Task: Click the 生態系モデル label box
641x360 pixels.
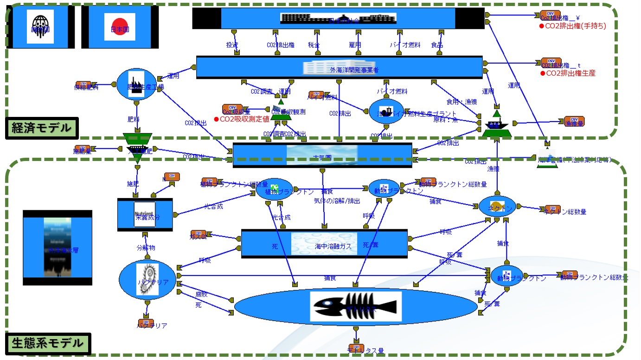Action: (x=48, y=344)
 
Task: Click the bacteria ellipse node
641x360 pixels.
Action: (x=147, y=280)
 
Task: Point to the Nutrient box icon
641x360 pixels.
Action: (x=144, y=214)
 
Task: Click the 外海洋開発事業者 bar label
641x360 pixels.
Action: (x=354, y=70)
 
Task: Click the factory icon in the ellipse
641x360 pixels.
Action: (x=136, y=84)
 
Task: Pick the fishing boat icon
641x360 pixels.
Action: (x=496, y=124)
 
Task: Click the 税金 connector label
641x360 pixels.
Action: (x=317, y=45)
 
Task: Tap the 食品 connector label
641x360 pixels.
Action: (x=437, y=45)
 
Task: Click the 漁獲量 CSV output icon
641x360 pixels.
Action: (x=574, y=122)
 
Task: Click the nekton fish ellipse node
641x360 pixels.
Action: (x=497, y=206)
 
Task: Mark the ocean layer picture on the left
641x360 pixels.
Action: (x=58, y=248)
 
